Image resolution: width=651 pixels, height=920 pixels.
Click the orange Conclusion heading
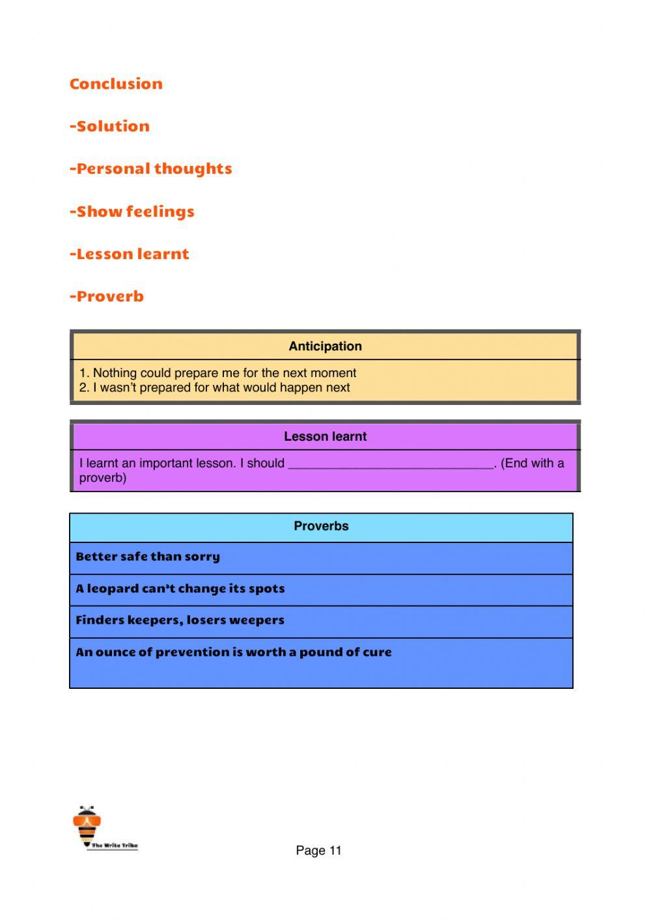pos(116,84)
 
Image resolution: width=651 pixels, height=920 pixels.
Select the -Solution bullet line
pos(109,126)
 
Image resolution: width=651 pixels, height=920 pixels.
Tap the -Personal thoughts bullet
pos(150,169)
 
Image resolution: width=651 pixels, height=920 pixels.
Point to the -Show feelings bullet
pos(132,212)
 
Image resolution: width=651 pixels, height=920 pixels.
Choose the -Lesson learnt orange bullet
pos(129,254)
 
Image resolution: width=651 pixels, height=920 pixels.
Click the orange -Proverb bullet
pos(107,296)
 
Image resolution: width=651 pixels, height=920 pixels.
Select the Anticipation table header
pos(325,346)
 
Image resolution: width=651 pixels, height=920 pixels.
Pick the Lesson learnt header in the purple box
pos(325,436)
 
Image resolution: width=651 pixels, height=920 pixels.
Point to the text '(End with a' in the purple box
pos(532,463)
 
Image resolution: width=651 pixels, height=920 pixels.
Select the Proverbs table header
pos(321,526)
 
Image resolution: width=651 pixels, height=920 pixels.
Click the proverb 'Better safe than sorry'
pos(148,557)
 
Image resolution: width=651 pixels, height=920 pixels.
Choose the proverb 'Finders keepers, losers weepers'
pos(180,620)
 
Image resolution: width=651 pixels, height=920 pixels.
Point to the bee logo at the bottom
pos(87,825)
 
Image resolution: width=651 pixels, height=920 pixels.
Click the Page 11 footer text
pos(318,850)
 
